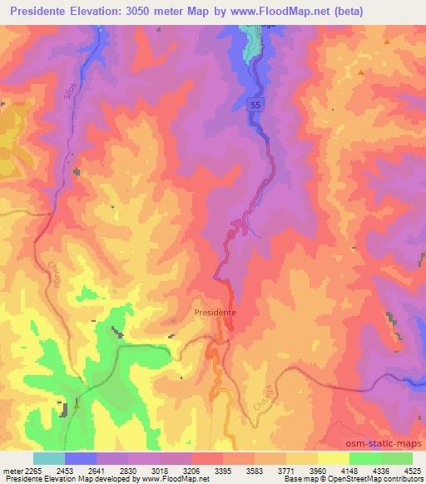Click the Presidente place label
pos(215,313)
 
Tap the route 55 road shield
pos(257,103)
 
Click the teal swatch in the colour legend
pos(49,458)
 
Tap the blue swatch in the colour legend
pos(81,458)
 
